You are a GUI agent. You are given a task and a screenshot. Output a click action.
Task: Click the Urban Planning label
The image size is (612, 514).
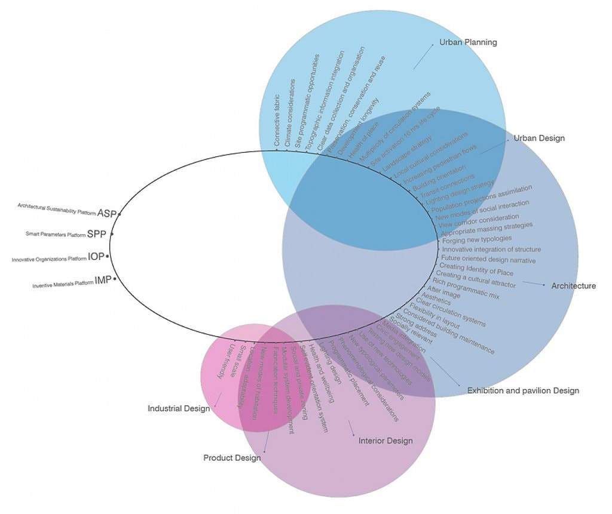tap(468, 42)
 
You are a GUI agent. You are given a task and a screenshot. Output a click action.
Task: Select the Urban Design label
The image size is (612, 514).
tap(538, 138)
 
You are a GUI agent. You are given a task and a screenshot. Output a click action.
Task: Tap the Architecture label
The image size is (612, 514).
tap(573, 286)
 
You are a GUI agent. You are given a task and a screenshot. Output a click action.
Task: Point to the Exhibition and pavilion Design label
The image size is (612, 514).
tap(523, 391)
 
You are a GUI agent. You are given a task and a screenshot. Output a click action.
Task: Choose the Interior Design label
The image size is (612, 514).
tap(385, 441)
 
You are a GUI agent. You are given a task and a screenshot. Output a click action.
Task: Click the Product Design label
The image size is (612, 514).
tap(232, 458)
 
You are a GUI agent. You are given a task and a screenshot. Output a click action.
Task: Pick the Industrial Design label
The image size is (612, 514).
tap(179, 409)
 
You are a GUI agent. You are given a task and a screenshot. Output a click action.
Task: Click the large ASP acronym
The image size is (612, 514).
tap(107, 213)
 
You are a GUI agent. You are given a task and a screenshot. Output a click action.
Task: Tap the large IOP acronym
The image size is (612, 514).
tap(96, 257)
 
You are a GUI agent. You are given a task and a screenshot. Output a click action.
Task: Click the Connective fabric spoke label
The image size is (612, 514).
tap(277, 121)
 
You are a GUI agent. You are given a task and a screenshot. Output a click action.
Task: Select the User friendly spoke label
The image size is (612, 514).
tap(222, 362)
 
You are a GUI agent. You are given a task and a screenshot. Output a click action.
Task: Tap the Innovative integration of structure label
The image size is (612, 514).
tap(491, 250)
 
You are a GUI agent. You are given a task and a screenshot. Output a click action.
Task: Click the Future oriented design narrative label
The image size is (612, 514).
tap(488, 260)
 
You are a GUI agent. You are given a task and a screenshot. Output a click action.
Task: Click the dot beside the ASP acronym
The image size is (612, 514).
tap(120, 213)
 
